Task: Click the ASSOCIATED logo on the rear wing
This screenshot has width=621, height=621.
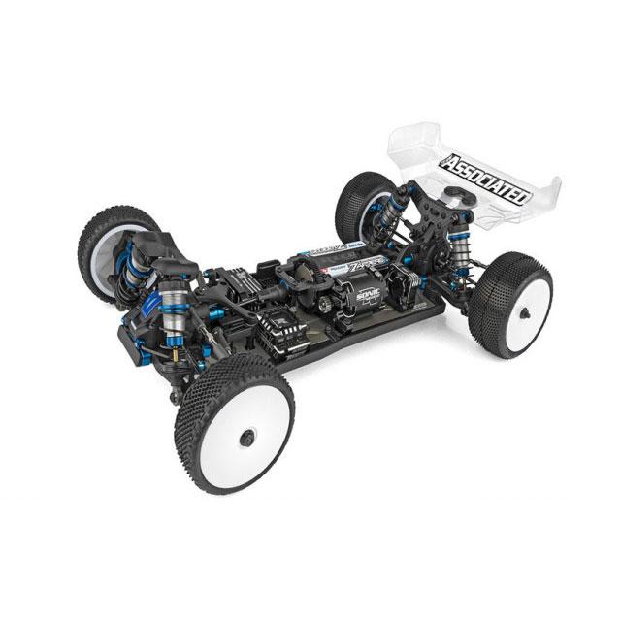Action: tap(486, 180)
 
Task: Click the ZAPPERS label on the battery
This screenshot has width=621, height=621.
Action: tap(359, 261)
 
